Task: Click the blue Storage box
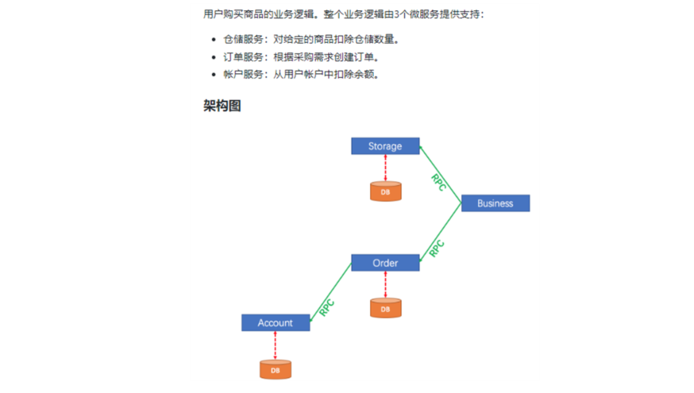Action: (x=385, y=146)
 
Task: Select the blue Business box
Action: (x=495, y=203)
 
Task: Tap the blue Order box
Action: (x=385, y=263)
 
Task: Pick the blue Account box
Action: (x=275, y=323)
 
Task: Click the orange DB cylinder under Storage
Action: (x=385, y=191)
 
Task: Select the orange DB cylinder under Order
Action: (x=385, y=308)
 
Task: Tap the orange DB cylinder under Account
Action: (x=275, y=369)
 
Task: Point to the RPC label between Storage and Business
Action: (x=438, y=182)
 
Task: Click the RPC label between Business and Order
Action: (x=437, y=248)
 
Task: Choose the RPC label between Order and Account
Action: (x=326, y=308)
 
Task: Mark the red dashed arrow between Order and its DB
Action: (x=385, y=284)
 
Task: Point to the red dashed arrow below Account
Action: (x=275, y=345)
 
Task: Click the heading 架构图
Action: (x=222, y=106)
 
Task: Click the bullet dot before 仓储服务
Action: (x=214, y=39)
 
